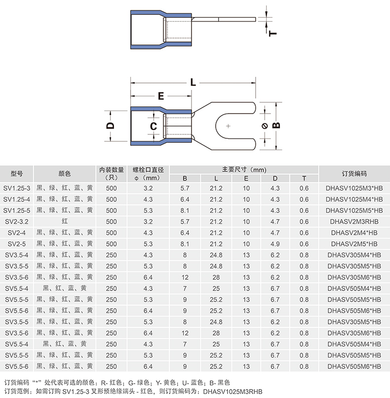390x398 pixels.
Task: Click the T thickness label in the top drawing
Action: [x=273, y=33]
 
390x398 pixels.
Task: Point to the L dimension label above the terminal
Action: [x=193, y=82]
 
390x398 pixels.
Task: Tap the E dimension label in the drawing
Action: [x=161, y=96]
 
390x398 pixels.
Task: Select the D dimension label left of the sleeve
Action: [x=111, y=125]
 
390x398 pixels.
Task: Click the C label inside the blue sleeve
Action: [x=154, y=126]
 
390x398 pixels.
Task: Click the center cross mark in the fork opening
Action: [x=228, y=126]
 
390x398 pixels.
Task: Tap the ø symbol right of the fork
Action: [x=265, y=126]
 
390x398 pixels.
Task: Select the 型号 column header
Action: [x=17, y=174]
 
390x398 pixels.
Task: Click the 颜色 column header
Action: [x=65, y=174]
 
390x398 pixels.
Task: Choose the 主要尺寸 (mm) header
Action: [x=244, y=169]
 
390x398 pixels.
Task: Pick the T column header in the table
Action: [x=304, y=178]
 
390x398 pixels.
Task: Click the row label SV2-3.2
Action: [x=17, y=222]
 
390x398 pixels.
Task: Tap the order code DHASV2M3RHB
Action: [x=354, y=222]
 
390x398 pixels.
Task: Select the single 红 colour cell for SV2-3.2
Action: [x=65, y=221]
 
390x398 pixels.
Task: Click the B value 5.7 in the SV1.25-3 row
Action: [x=185, y=188]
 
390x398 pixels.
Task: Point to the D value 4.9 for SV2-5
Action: [x=275, y=244]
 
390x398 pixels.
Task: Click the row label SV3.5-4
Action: [x=17, y=255]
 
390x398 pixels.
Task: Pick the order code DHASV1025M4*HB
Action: [x=354, y=199]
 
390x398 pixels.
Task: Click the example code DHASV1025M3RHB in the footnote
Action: [x=233, y=392]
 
